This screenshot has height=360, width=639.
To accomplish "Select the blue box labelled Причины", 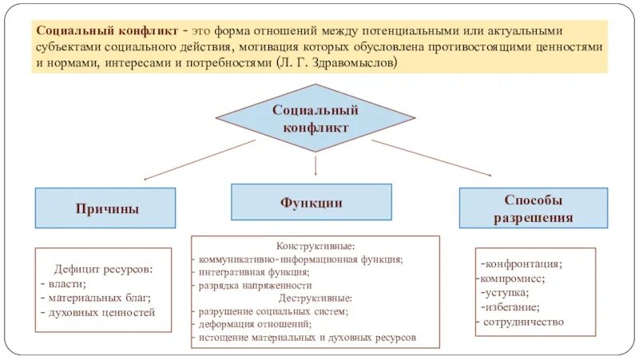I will [x=105, y=208].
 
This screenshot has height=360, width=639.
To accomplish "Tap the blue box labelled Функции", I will [x=312, y=202].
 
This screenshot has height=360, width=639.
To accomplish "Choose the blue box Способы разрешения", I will [x=533, y=208].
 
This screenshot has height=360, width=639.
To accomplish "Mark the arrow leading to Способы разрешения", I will [x=431, y=156].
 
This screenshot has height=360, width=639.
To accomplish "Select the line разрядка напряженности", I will [x=256, y=285].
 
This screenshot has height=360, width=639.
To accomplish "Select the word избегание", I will [x=512, y=307].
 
